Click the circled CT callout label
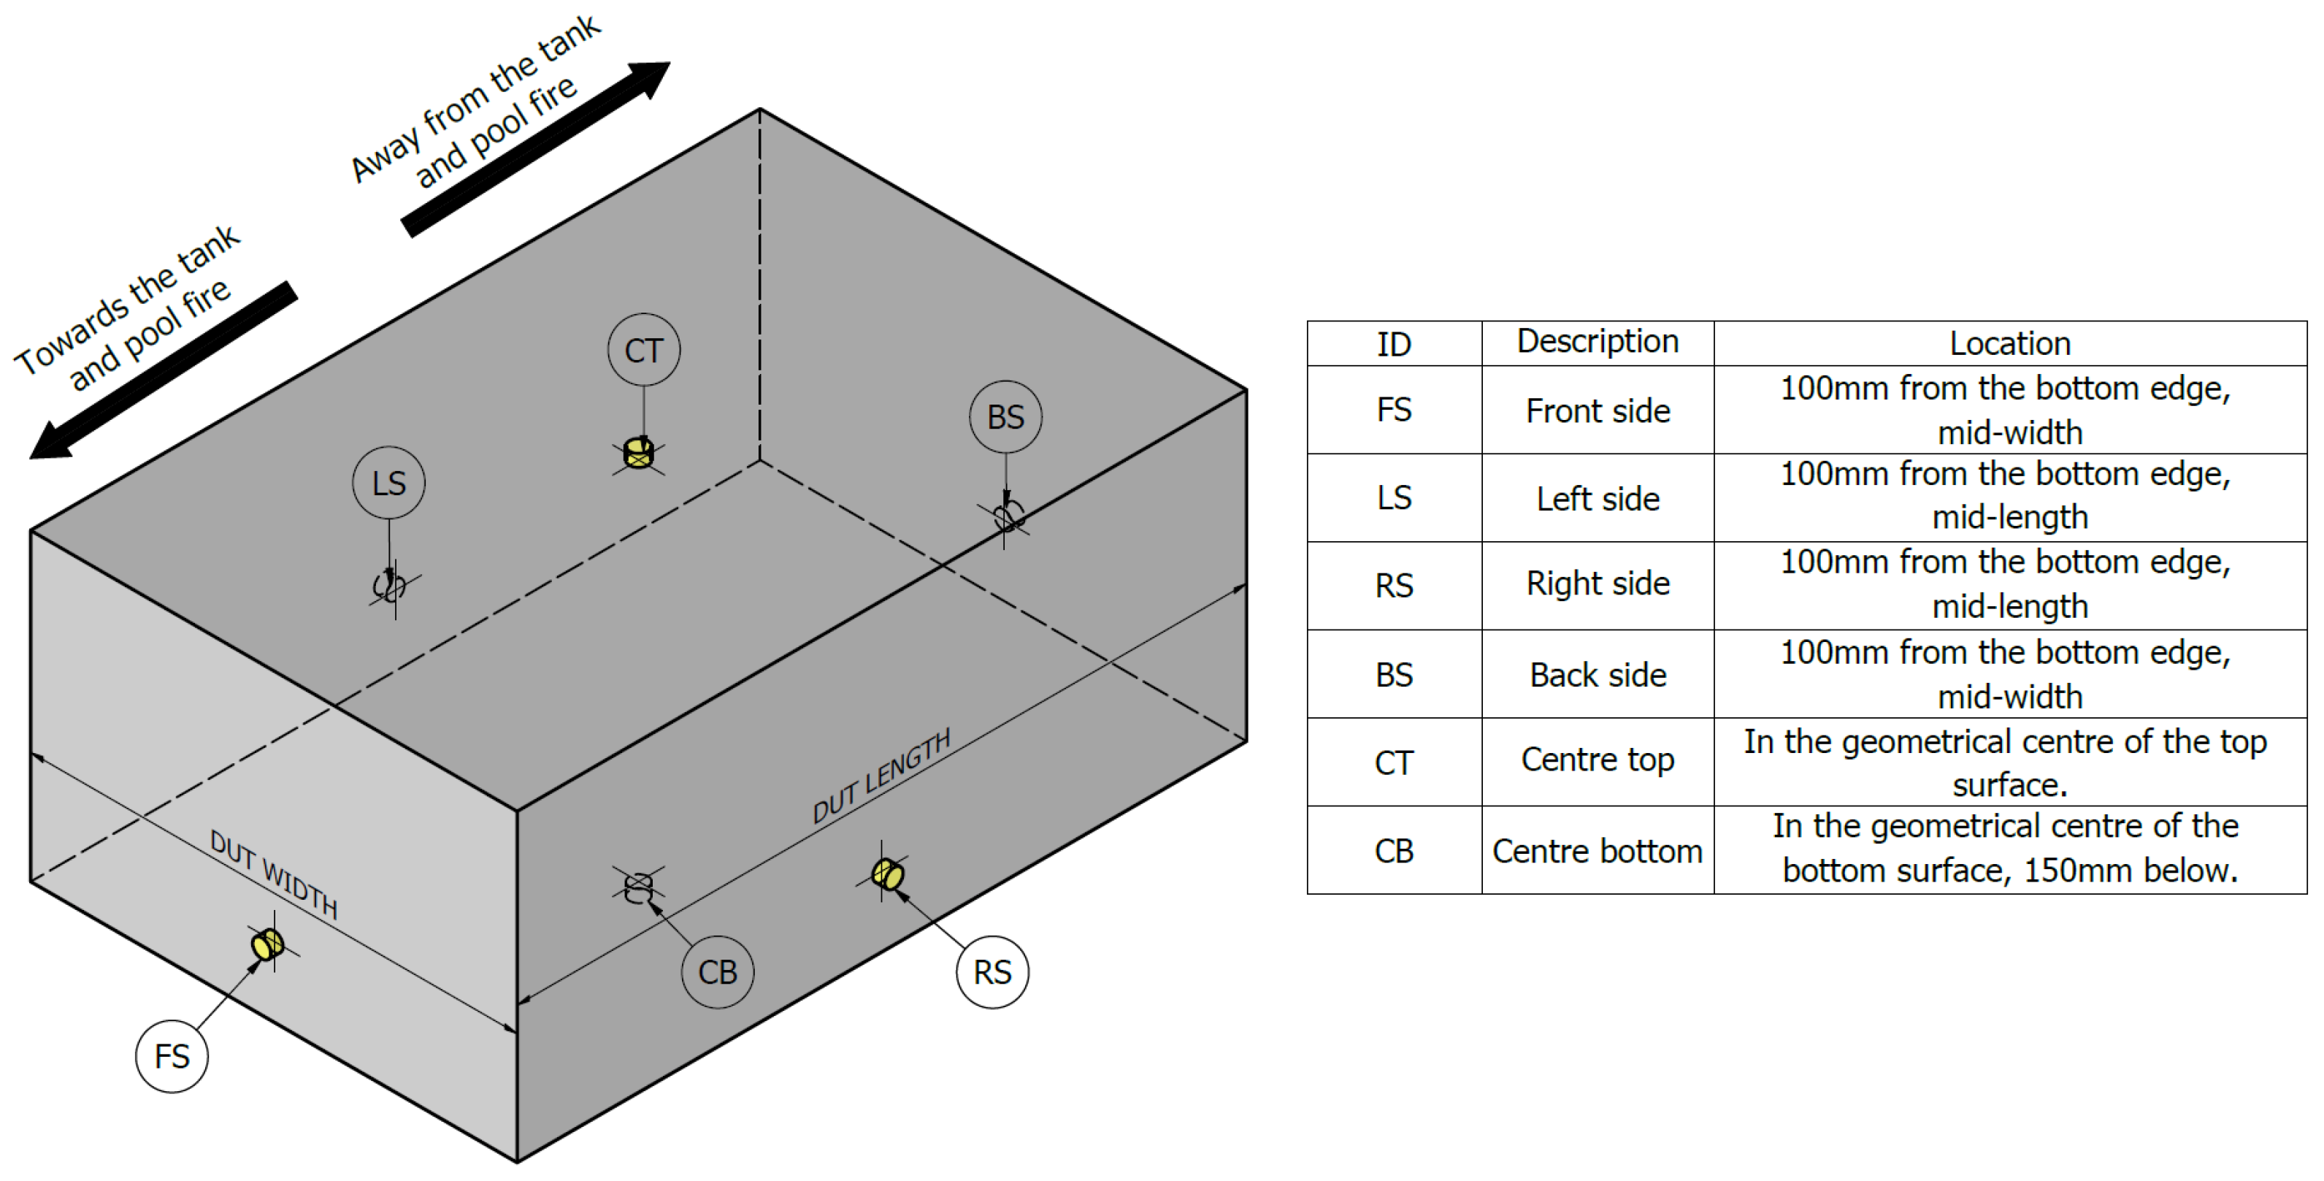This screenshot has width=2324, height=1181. (x=643, y=350)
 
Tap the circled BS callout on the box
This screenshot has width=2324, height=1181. (x=1005, y=417)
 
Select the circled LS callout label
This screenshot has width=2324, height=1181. (x=389, y=483)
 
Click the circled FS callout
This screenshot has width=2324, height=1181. (x=172, y=1057)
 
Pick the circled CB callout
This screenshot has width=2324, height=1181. (x=717, y=971)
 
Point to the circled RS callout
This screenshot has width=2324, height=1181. (x=992, y=971)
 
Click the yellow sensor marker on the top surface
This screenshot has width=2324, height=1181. (x=639, y=452)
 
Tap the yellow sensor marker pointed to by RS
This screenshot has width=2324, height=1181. (x=887, y=874)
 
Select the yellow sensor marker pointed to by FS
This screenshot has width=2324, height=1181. (x=267, y=944)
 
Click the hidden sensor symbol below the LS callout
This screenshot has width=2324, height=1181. (x=390, y=586)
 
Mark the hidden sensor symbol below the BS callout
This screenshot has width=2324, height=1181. (x=1008, y=517)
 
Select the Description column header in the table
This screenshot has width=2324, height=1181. (x=1597, y=342)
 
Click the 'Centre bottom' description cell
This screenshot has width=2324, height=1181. (x=1597, y=851)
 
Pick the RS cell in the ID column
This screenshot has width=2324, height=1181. (x=1394, y=586)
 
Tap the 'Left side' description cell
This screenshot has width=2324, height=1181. (x=1597, y=498)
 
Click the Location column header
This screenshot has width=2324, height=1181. (x=2009, y=343)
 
